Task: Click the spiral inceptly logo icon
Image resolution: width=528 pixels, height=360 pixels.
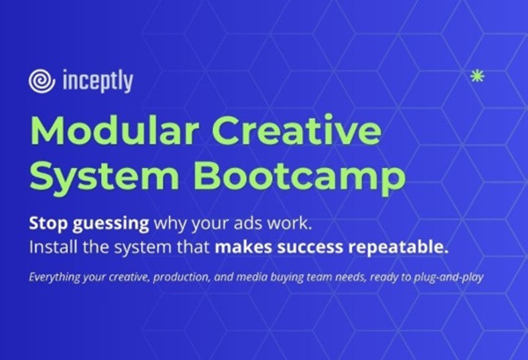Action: pos(41,81)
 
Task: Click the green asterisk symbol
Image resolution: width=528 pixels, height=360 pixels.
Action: pos(479,76)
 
